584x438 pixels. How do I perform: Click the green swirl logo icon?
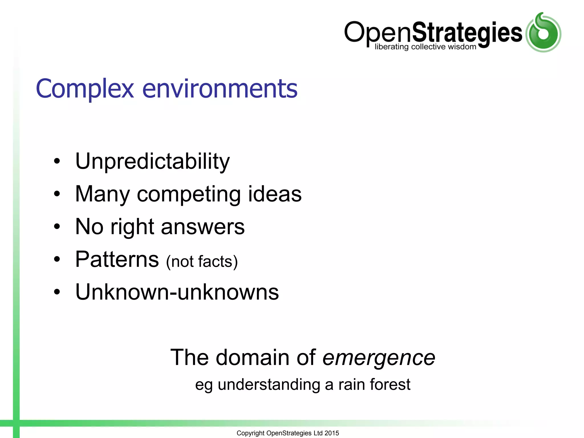(x=543, y=33)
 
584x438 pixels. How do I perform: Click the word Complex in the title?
(x=85, y=89)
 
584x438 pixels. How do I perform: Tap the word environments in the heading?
(x=220, y=89)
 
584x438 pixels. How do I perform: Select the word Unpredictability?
(x=152, y=161)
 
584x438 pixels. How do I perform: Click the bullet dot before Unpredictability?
(x=57, y=161)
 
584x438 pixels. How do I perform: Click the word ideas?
(x=275, y=194)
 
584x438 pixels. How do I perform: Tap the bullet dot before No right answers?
(x=57, y=227)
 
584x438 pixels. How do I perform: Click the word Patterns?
(x=117, y=259)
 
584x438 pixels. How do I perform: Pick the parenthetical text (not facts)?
(x=202, y=261)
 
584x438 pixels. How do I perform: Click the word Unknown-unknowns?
(x=177, y=292)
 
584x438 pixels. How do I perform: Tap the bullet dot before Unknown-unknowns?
(x=57, y=292)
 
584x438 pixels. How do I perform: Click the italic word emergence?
(x=378, y=358)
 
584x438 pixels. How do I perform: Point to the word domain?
(x=253, y=357)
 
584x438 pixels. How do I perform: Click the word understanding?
(x=269, y=385)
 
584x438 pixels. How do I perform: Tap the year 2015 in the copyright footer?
(x=332, y=433)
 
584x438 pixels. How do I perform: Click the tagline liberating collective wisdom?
(x=425, y=47)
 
